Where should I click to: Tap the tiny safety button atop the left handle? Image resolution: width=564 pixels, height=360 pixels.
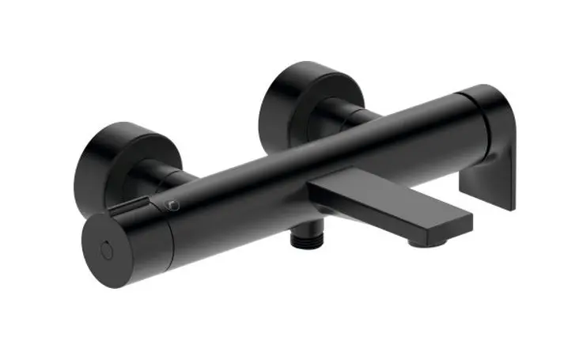coord(171,205)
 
